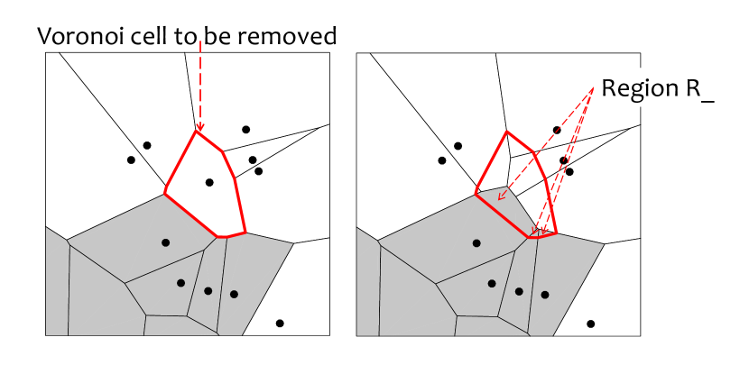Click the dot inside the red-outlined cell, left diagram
[x=209, y=182]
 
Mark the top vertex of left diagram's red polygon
[x=196, y=132]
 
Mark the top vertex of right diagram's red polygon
[x=507, y=132]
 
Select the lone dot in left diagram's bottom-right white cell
[x=280, y=324]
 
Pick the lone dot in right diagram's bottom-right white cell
[x=591, y=324]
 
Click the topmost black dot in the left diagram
[x=245, y=130]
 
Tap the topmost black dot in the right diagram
[x=557, y=130]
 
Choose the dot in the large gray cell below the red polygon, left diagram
[x=165, y=242]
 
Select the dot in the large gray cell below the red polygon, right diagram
[x=476, y=242]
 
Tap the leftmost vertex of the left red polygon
[x=165, y=193]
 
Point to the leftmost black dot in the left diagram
[x=131, y=160]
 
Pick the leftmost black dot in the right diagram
[x=442, y=160]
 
